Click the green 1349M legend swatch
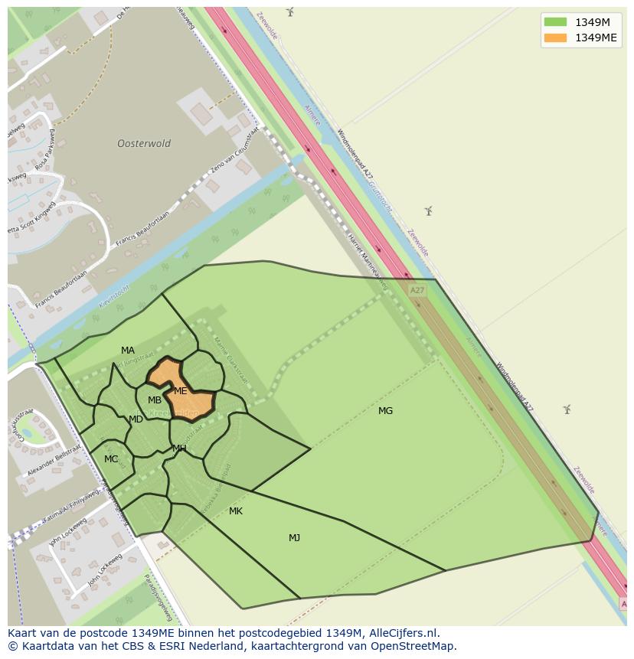point(555,22)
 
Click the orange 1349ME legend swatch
point(555,38)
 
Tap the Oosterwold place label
point(144,143)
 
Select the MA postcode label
point(128,351)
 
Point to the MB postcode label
point(155,400)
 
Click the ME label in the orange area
point(181,391)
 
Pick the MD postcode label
point(136,419)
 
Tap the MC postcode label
point(111,459)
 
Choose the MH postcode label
point(179,449)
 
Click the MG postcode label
point(385,411)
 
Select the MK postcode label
point(236,511)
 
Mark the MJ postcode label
point(294,538)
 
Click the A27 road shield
point(417,291)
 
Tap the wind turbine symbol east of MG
point(567,409)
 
